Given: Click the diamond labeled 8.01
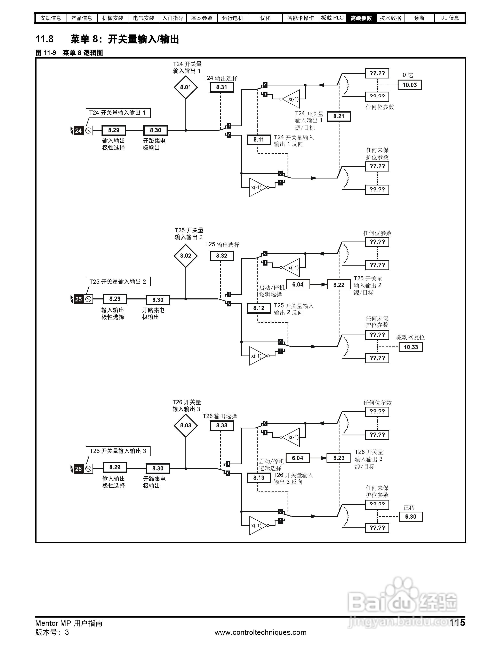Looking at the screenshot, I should click(185, 87).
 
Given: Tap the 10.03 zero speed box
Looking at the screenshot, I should click(409, 85).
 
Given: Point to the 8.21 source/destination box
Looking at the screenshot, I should click(339, 116).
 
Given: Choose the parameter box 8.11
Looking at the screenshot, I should click(259, 140).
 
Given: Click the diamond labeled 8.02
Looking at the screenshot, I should click(185, 255).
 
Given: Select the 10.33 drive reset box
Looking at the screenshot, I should click(410, 347).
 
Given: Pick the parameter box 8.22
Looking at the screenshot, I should click(339, 285).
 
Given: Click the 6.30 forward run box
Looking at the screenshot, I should click(410, 517).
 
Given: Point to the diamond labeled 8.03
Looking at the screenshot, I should click(185, 425).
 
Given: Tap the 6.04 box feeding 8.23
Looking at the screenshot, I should click(297, 458).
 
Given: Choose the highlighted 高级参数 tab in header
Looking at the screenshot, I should click(361, 18).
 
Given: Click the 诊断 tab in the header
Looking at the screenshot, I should click(419, 18).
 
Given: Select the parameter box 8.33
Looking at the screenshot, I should click(222, 425).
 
